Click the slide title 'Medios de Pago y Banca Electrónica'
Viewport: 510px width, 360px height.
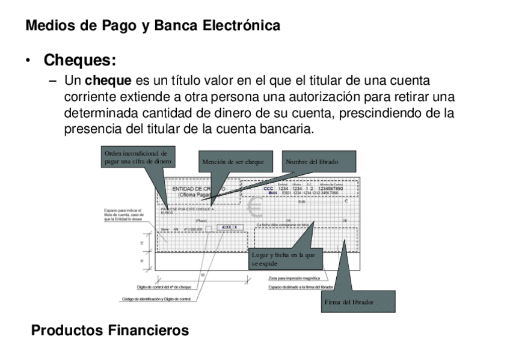click(153, 26)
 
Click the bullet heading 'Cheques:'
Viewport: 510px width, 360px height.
click(79, 61)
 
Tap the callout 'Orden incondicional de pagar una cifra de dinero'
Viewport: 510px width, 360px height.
click(138, 157)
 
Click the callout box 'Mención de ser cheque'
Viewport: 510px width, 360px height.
click(233, 162)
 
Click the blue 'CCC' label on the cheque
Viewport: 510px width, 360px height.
click(268, 189)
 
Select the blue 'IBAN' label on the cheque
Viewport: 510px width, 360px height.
click(272, 193)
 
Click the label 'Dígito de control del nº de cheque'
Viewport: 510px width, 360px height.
click(164, 287)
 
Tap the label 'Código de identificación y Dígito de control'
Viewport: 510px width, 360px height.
click(156, 299)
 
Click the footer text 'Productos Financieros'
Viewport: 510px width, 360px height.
click(109, 331)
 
